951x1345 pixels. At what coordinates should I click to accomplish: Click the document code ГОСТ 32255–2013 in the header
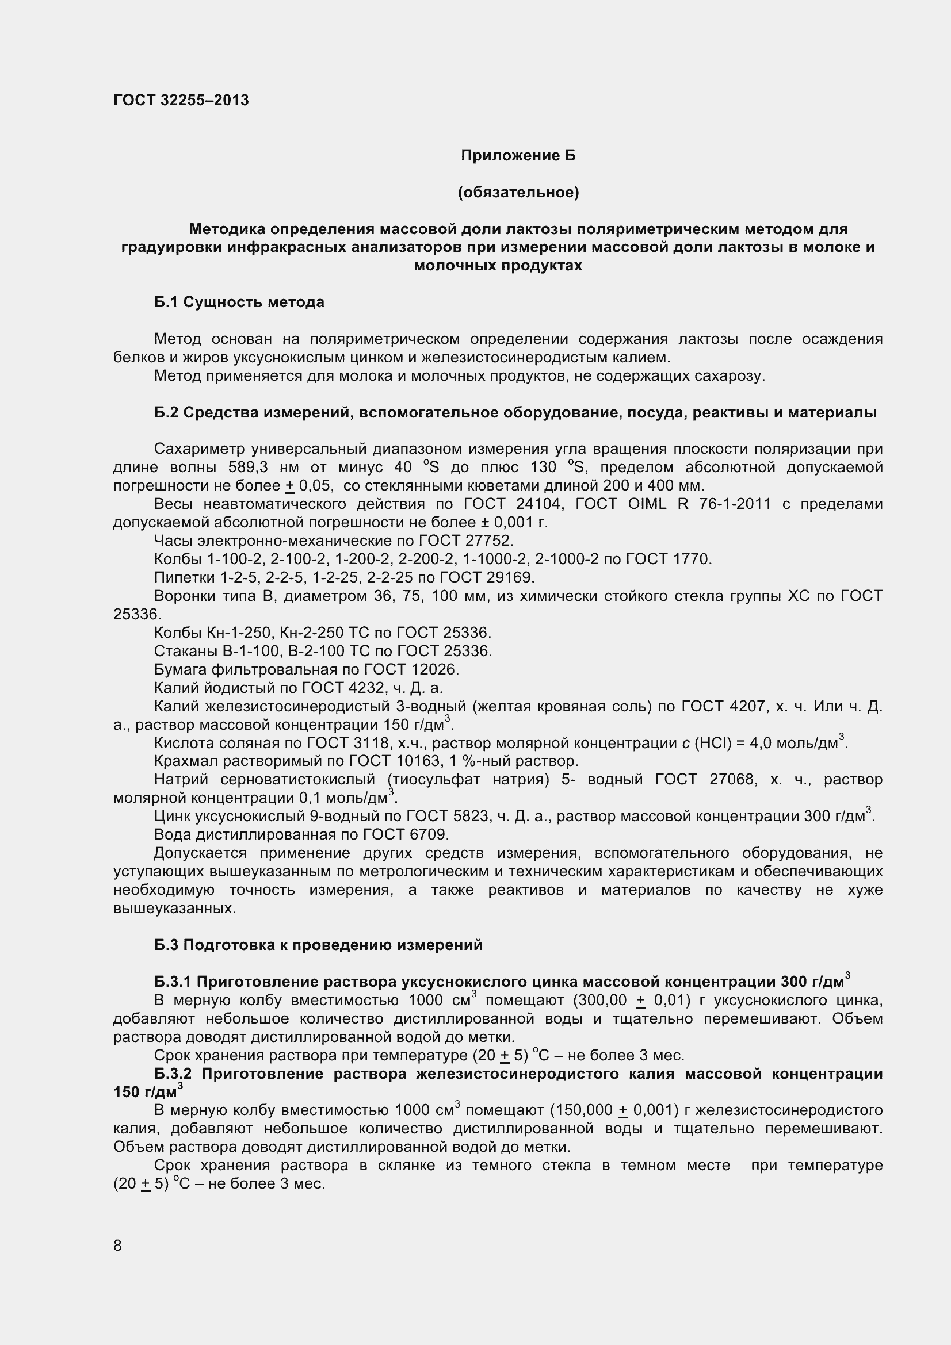point(181,100)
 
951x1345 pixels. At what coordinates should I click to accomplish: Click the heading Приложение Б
point(518,155)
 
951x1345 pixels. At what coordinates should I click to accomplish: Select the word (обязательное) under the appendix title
point(518,192)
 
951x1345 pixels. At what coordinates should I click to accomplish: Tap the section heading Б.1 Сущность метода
point(239,302)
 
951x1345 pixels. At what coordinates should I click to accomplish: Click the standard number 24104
point(538,504)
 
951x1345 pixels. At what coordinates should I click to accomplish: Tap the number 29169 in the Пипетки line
point(510,577)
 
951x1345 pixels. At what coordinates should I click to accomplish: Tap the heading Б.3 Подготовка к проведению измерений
point(318,945)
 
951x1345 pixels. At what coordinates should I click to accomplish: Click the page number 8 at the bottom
point(118,1246)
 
